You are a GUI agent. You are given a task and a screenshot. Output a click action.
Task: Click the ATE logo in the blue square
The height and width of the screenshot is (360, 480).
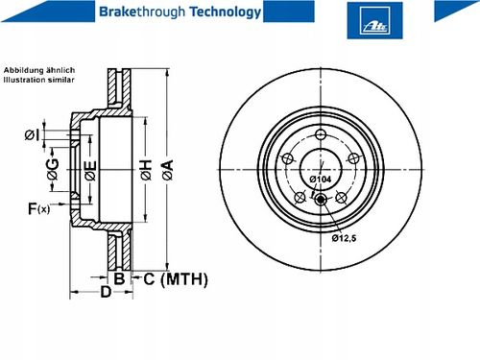(x=375, y=21)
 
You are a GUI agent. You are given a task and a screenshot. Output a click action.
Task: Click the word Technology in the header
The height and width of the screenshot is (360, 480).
(x=226, y=12)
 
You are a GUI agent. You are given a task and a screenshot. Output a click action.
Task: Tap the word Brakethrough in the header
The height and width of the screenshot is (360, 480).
(x=142, y=12)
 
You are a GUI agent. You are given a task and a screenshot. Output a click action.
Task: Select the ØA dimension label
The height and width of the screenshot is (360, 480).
(x=168, y=170)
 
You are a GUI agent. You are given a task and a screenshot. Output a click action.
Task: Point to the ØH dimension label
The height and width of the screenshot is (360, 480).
(x=146, y=170)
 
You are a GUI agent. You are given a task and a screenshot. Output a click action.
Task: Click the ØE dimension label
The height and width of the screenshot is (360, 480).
(x=90, y=171)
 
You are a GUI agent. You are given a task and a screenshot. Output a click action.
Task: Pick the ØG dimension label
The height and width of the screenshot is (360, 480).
(x=53, y=169)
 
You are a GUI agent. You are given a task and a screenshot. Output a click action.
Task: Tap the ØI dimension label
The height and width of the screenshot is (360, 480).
(x=33, y=135)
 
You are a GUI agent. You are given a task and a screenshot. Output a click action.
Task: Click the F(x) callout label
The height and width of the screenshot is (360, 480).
(x=39, y=208)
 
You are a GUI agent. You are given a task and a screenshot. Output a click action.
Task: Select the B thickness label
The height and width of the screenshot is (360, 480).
(x=119, y=278)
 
